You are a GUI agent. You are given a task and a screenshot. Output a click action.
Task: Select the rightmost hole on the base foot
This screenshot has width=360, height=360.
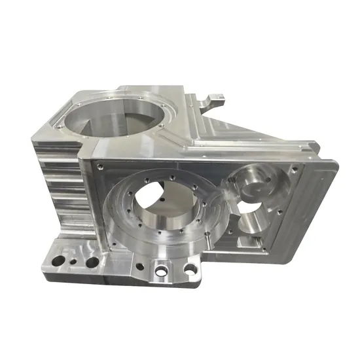[x=189, y=268]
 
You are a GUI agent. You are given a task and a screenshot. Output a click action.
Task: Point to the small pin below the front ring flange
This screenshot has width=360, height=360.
[x=152, y=257]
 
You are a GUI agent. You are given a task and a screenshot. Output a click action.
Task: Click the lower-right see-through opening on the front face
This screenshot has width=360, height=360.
[x=252, y=219]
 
